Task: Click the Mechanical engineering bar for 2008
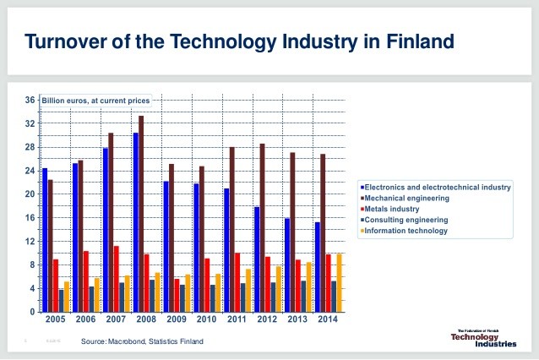pos(141,214)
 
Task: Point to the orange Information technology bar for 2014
pos(339,282)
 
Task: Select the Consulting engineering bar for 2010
pos(213,298)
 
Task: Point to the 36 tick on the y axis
pos(29,101)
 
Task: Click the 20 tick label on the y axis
pos(29,194)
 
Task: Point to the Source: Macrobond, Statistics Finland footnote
pos(142,341)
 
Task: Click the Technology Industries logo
pos(481,338)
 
